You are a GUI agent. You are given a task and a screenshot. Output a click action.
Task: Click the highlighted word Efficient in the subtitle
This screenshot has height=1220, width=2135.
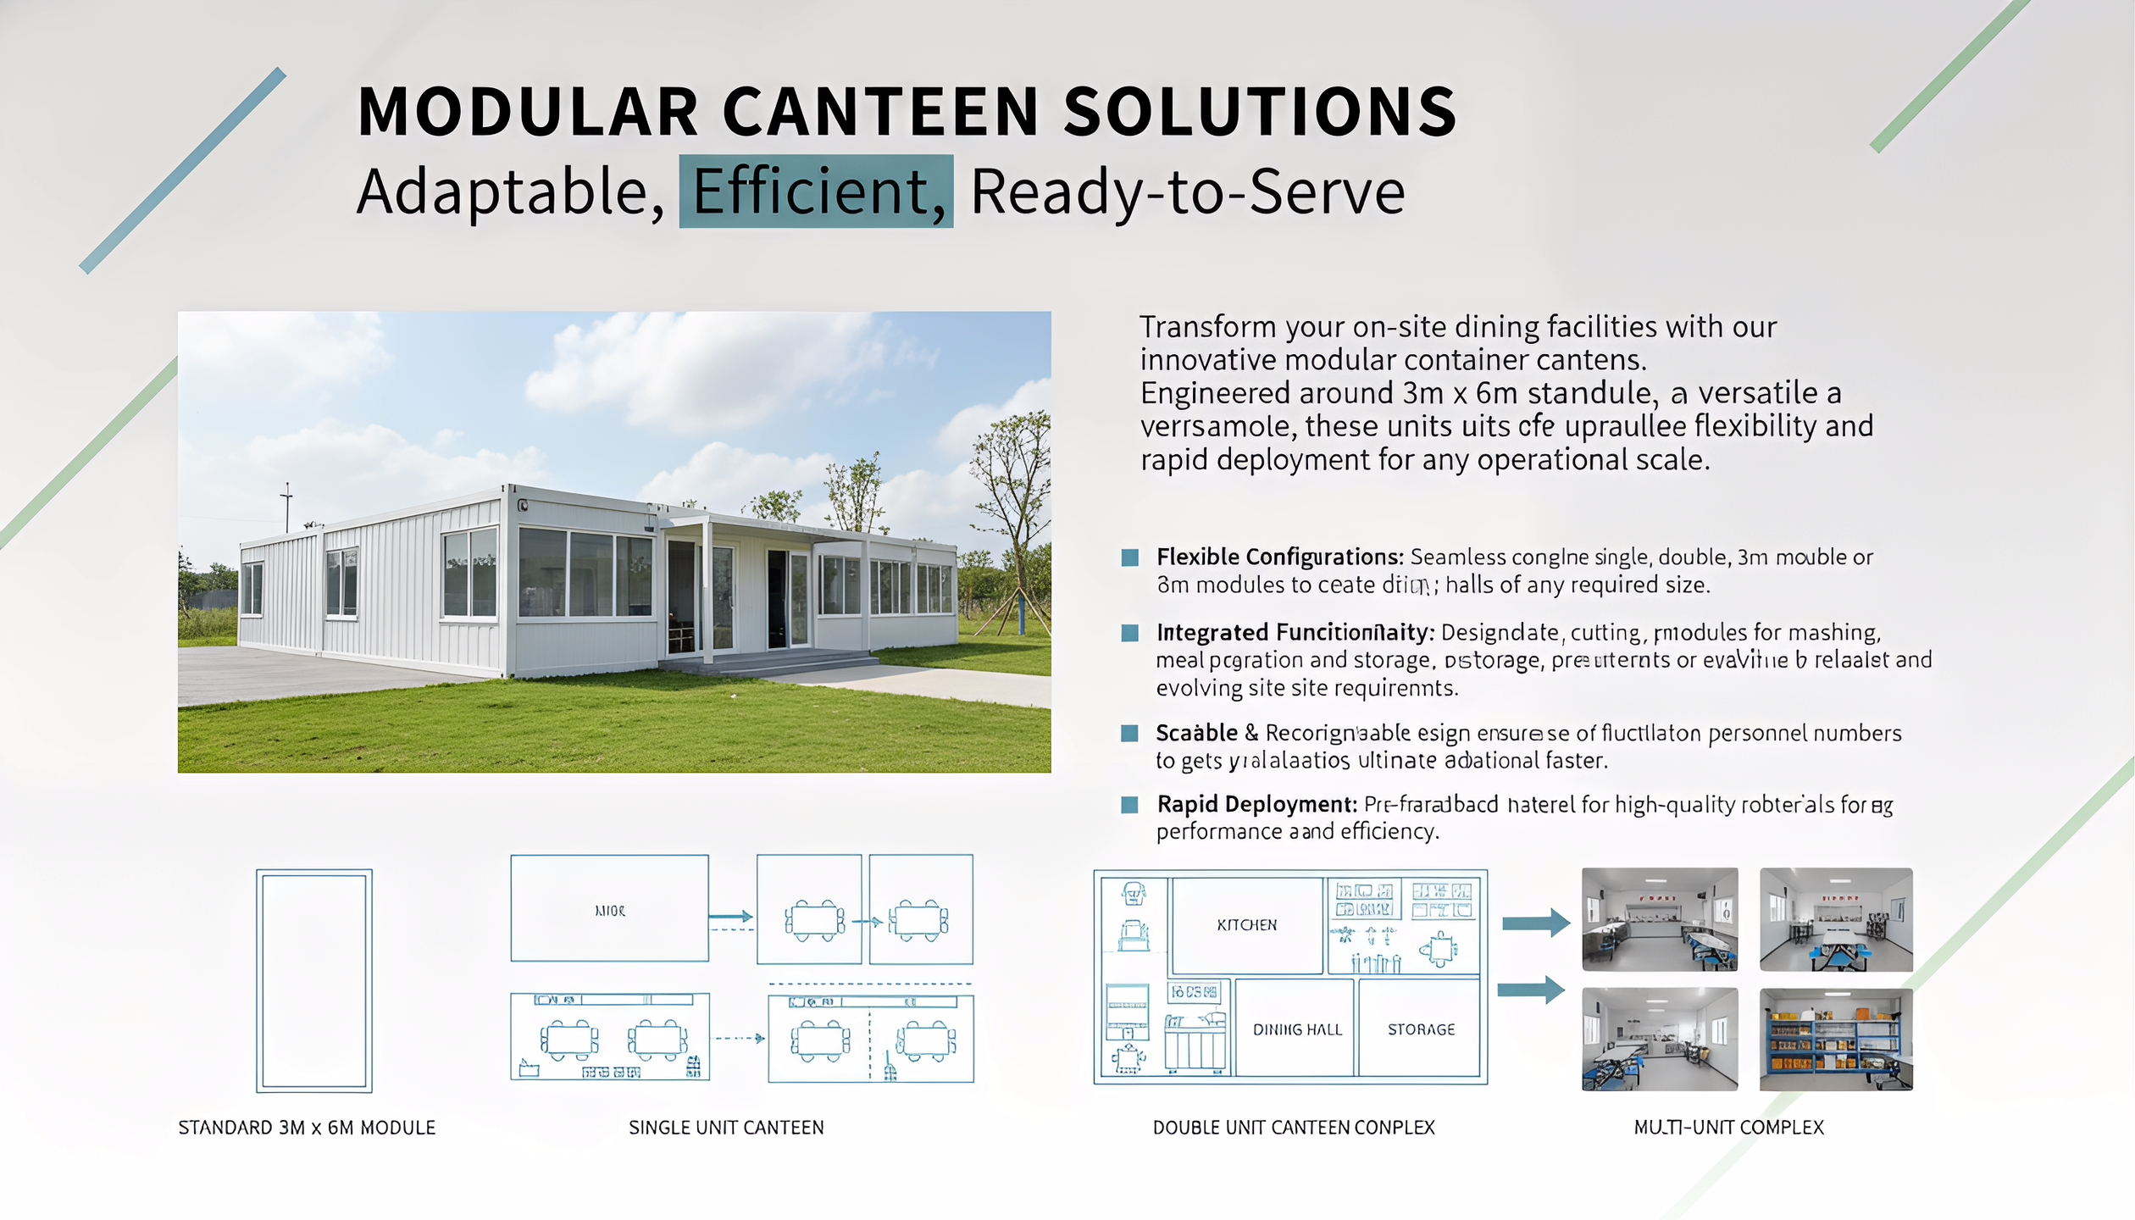click(816, 191)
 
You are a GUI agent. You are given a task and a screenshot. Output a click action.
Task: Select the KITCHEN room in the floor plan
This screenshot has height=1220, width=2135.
click(1246, 925)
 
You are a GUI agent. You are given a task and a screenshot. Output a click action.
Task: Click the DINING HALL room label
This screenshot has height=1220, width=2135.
click(1297, 1029)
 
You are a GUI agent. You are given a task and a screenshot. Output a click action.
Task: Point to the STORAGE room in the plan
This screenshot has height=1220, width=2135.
click(1421, 1029)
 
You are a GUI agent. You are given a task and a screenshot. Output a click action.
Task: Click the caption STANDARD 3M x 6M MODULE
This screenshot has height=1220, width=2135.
click(307, 1128)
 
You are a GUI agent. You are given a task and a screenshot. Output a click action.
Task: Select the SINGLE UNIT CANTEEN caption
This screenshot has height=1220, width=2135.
click(726, 1128)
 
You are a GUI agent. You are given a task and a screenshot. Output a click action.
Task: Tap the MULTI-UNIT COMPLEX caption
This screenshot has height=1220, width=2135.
click(1728, 1128)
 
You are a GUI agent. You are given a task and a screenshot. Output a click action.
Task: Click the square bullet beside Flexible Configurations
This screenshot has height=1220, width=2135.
click(1129, 557)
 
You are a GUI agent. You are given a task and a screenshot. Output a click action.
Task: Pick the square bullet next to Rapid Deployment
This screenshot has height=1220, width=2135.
click(1129, 804)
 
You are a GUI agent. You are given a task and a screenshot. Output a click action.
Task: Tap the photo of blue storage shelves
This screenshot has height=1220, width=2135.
click(1836, 1039)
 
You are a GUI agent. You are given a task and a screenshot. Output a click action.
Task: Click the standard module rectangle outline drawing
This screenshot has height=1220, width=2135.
click(314, 980)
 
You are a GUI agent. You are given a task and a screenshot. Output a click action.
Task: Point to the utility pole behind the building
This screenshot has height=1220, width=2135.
click(287, 507)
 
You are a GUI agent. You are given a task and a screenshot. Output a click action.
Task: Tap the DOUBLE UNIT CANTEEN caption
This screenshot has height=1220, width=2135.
click(1294, 1128)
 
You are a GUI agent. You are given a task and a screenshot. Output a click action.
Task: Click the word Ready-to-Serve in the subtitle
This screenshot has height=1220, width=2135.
click(1187, 191)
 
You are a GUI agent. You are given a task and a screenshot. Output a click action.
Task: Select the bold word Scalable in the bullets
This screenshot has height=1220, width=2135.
click(1196, 733)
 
